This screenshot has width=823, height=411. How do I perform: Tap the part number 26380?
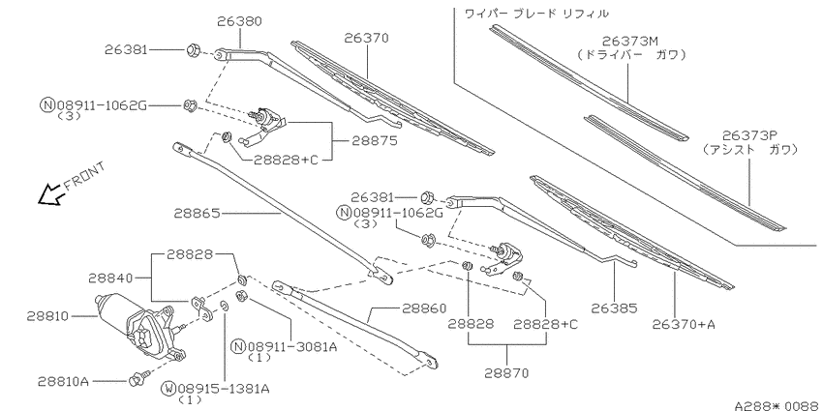tap(239, 21)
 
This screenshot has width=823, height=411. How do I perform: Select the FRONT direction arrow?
tap(50, 193)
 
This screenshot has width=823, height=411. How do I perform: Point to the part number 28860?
tap(424, 308)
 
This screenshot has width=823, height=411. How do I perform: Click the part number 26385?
tap(614, 308)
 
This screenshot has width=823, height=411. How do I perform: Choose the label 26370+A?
tap(684, 325)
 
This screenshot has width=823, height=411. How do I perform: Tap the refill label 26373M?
tap(630, 41)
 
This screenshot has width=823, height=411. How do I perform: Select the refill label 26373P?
tap(749, 135)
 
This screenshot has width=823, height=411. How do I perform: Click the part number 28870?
tap(506, 373)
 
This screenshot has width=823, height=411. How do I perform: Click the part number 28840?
tap(110, 278)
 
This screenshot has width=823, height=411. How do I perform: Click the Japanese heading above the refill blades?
tap(536, 14)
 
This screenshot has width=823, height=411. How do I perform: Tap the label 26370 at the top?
tap(366, 39)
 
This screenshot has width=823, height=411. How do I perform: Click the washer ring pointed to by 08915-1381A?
tap(224, 307)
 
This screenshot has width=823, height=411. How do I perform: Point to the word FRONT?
tap(84, 176)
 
